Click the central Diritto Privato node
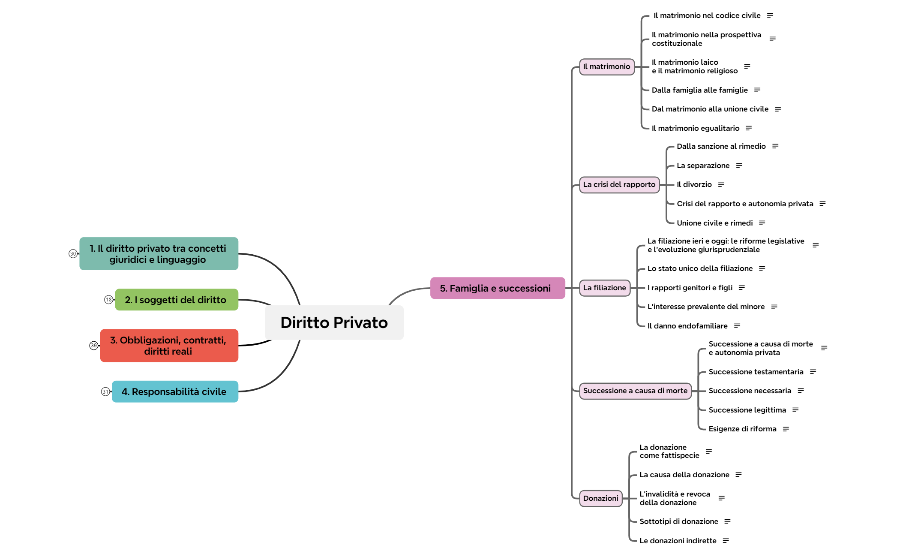tap(334, 322)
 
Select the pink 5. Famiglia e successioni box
tap(497, 288)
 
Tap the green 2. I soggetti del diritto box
tap(176, 300)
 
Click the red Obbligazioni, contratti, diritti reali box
tap(169, 346)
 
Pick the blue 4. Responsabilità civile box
tap(175, 391)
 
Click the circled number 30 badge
tap(73, 254)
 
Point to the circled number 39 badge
tap(93, 346)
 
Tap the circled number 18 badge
tap(108, 300)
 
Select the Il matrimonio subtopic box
tap(606, 67)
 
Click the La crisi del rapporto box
tap(619, 185)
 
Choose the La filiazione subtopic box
tap(604, 288)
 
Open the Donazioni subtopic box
tap(600, 498)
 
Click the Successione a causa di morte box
tap(635, 391)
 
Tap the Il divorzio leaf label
tap(694, 185)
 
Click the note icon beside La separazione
tap(739, 166)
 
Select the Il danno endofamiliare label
tap(687, 326)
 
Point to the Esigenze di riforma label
tap(742, 429)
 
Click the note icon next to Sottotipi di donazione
tap(727, 521)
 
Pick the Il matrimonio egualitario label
tap(695, 128)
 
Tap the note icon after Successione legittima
tap(795, 410)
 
